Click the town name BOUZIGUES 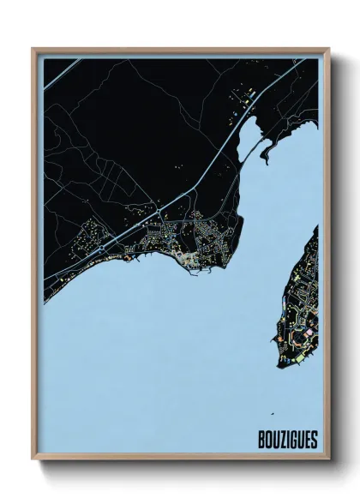click(x=288, y=441)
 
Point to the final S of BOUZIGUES click(x=314, y=441)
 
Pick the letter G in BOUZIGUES click(x=293, y=441)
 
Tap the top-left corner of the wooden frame click(x=33, y=49)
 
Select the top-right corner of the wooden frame click(x=327, y=49)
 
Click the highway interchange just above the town click(x=159, y=208)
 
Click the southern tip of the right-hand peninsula click(x=280, y=364)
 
